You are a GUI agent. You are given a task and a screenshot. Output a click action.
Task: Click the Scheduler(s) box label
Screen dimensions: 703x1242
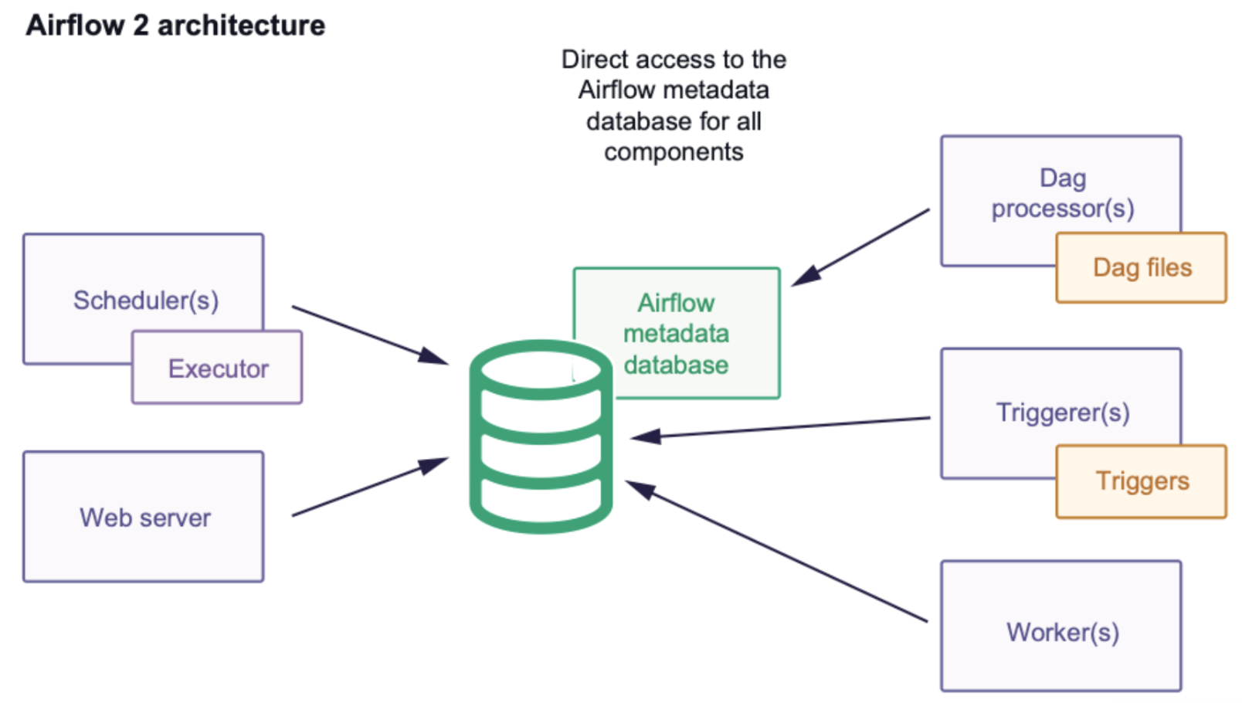pyautogui.click(x=145, y=300)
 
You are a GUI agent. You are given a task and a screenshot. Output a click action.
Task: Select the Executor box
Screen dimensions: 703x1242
pyautogui.click(x=218, y=368)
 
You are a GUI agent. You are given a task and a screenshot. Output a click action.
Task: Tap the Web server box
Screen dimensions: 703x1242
pyautogui.click(x=144, y=517)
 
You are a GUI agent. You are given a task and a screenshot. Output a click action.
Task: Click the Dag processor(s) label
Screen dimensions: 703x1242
pyautogui.click(x=1062, y=193)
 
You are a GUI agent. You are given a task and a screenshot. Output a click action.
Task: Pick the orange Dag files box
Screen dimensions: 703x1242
pyautogui.click(x=1142, y=267)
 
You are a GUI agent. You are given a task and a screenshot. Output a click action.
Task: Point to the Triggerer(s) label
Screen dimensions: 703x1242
pyautogui.click(x=1062, y=413)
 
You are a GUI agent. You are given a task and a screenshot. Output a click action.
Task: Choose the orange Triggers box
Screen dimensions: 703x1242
pyautogui.click(x=1142, y=481)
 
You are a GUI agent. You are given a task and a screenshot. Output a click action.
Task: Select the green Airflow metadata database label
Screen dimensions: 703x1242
pyautogui.click(x=677, y=334)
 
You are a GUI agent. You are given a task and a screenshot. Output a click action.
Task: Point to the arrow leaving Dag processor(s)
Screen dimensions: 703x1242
pyautogui.click(x=861, y=246)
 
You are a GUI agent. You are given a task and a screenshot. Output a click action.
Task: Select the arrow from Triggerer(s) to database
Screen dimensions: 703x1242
pyautogui.click(x=780, y=428)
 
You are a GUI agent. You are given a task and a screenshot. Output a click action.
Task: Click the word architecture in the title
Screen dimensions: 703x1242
pyautogui.click(x=241, y=25)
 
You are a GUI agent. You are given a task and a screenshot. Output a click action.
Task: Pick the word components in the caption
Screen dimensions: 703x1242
pyautogui.click(x=674, y=152)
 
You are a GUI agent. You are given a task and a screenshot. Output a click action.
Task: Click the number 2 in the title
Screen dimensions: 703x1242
pyautogui.click(x=140, y=25)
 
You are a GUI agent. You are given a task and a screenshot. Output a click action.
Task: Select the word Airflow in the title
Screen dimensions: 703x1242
pyautogui.click(x=75, y=25)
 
